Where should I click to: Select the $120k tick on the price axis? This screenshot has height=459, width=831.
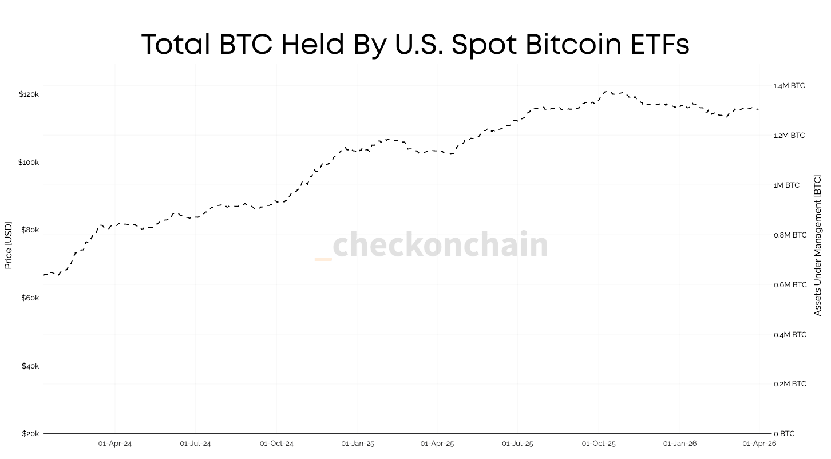(29, 94)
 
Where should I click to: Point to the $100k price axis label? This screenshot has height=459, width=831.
(29, 163)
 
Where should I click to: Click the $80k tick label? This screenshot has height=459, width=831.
(30, 230)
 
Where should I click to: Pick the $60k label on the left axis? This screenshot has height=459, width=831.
(30, 298)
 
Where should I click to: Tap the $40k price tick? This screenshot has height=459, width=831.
(30, 366)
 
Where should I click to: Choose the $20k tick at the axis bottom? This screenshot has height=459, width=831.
(30, 434)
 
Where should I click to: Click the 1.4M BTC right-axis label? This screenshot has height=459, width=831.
(789, 86)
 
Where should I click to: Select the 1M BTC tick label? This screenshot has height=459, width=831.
(786, 185)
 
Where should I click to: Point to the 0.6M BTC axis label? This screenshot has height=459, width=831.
(790, 285)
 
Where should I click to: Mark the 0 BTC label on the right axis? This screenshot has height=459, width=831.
(784, 434)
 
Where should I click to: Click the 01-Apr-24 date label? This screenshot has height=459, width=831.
(115, 444)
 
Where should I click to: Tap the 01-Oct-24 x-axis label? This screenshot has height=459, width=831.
(276, 444)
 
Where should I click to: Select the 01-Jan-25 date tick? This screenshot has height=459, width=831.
(358, 444)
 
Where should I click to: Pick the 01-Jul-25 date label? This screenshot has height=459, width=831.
(517, 444)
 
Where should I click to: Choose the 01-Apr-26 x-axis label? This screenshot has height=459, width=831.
(759, 444)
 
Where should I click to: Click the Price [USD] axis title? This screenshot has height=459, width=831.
(8, 246)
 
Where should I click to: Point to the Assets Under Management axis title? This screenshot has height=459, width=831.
(817, 246)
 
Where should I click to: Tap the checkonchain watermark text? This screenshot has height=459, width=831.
(440, 245)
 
